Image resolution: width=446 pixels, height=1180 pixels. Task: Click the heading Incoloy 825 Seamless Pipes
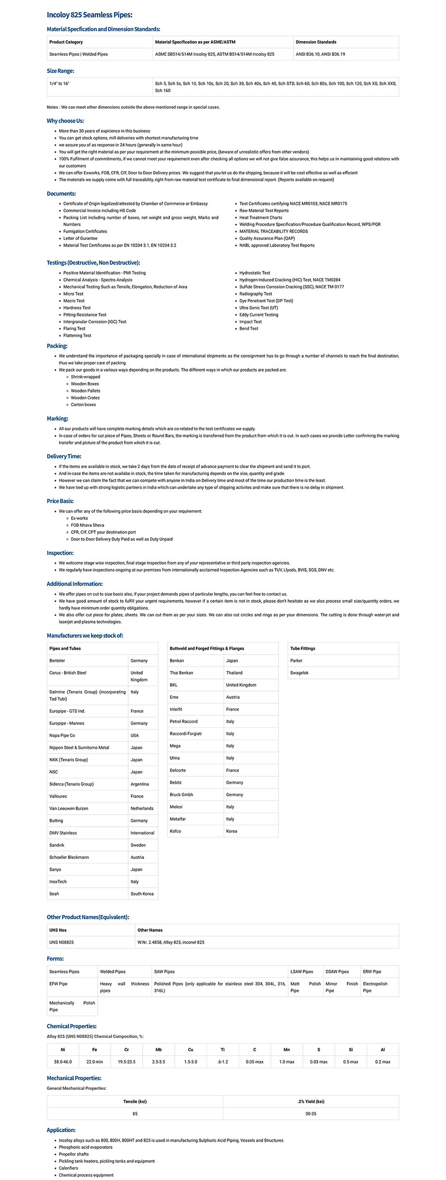pyautogui.click(x=89, y=15)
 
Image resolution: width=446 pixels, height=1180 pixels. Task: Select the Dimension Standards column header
pyautogui.click(x=316, y=42)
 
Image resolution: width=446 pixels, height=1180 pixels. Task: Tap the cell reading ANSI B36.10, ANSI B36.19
pyautogui.click(x=320, y=54)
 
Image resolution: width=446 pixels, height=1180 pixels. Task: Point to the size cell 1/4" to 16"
pyautogui.click(x=59, y=83)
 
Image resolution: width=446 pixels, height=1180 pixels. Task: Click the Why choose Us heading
pyautogui.click(x=65, y=121)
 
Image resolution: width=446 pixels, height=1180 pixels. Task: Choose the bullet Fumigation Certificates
pyautogui.click(x=85, y=231)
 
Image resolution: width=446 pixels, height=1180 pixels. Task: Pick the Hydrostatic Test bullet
pyautogui.click(x=255, y=273)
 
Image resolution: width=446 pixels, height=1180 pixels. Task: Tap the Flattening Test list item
pyautogui.click(x=77, y=335)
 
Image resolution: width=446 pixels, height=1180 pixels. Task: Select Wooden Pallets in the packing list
pyautogui.click(x=85, y=391)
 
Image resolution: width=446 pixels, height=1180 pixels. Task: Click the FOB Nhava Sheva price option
pyautogui.click(x=87, y=525)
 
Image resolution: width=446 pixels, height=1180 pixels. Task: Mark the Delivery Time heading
pyautogui.click(x=64, y=456)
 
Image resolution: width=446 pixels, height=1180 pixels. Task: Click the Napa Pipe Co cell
pyautogui.click(x=62, y=735)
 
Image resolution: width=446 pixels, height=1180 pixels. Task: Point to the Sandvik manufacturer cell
pyautogui.click(x=57, y=845)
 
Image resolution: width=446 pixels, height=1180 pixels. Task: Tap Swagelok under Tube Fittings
pyautogui.click(x=299, y=673)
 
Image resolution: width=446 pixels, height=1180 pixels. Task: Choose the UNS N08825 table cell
pyautogui.click(x=62, y=942)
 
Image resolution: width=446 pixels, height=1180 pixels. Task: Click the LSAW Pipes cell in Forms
pyautogui.click(x=302, y=972)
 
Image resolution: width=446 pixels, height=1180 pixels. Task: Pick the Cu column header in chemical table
pyautogui.click(x=191, y=1050)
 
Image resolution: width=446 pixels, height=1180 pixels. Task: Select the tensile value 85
pyautogui.click(x=135, y=1114)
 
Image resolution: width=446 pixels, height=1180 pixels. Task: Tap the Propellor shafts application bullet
pyautogui.click(x=74, y=1154)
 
